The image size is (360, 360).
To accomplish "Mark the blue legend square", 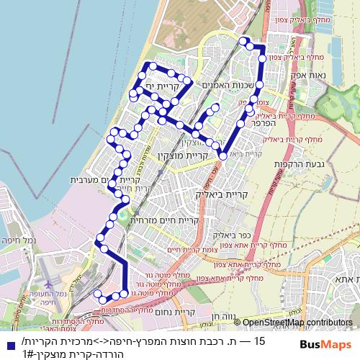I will (8, 342).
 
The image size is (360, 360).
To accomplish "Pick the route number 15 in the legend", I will (260, 337).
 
